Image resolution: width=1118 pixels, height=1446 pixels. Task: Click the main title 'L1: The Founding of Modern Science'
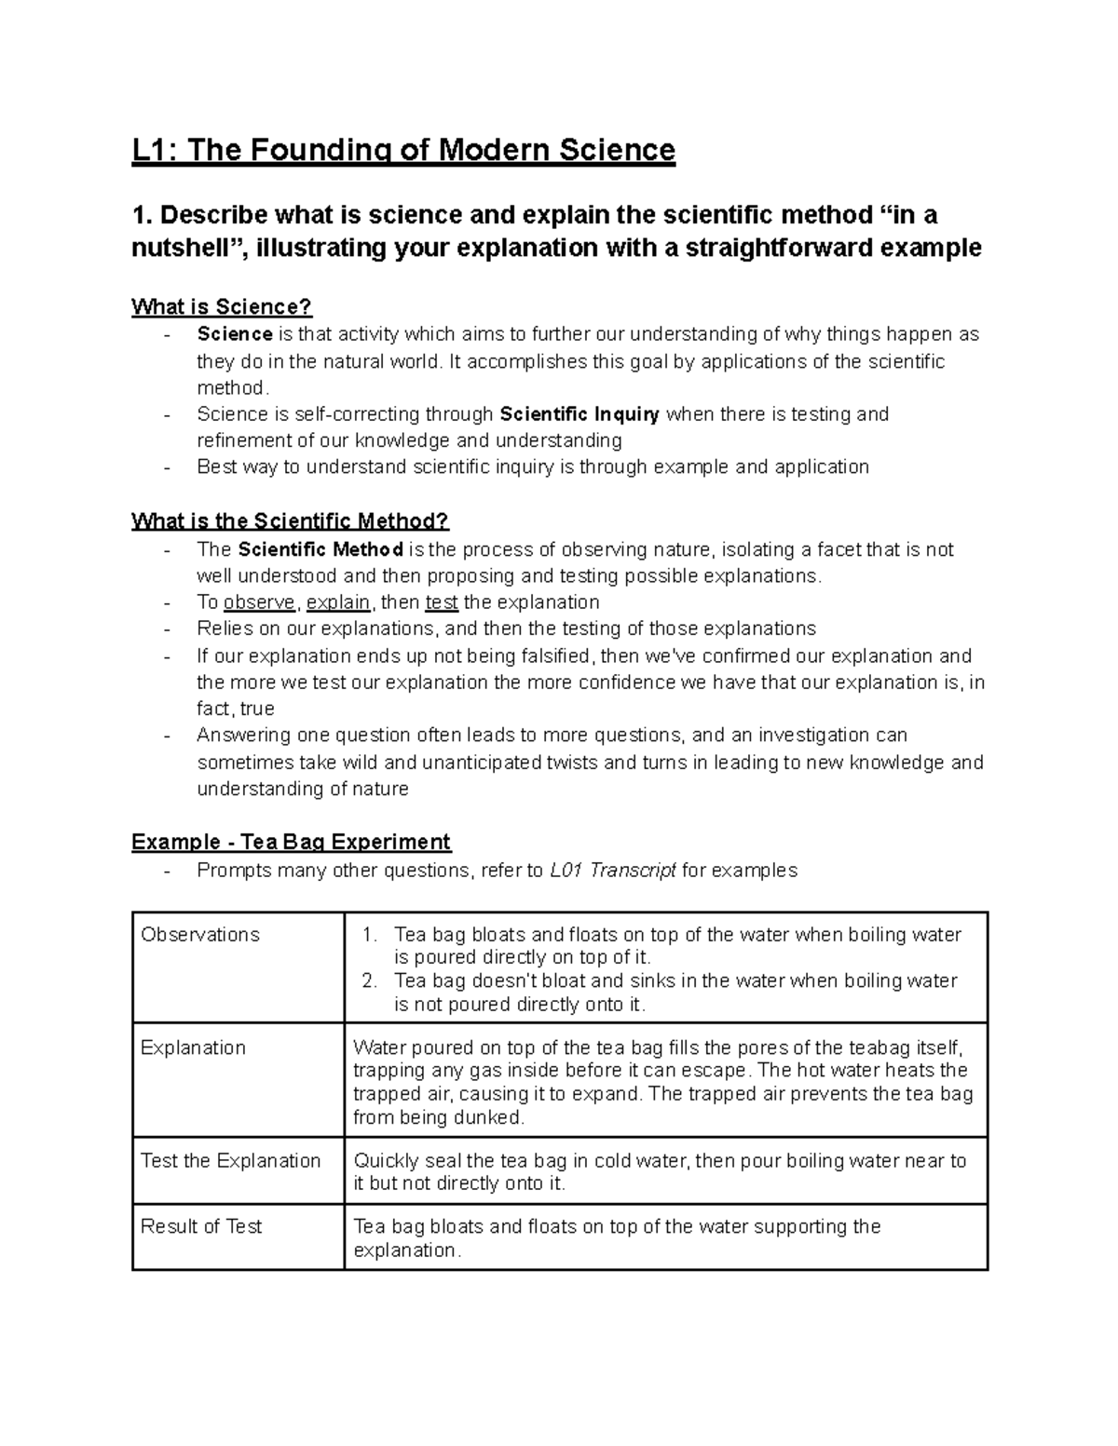(x=402, y=150)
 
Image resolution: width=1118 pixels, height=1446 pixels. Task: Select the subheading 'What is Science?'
(x=222, y=306)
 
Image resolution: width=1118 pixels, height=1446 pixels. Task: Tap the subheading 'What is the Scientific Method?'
(x=291, y=520)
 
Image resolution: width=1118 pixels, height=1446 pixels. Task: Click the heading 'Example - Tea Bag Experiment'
(x=291, y=842)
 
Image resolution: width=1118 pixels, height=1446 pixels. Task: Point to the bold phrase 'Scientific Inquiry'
(x=579, y=414)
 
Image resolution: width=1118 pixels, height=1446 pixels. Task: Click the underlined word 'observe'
(x=260, y=602)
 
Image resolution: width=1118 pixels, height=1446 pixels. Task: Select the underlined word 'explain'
(x=338, y=602)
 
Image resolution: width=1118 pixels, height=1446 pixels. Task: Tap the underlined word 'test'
(x=442, y=602)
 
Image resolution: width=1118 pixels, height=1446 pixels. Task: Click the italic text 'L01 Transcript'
(x=613, y=871)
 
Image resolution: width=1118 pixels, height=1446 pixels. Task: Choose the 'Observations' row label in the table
(x=200, y=935)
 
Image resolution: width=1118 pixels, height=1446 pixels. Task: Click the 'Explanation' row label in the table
(x=193, y=1047)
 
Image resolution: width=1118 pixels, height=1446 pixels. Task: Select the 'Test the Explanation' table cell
(x=230, y=1160)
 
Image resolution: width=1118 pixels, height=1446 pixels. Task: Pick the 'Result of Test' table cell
(x=201, y=1226)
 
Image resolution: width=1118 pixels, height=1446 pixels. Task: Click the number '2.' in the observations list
(x=371, y=980)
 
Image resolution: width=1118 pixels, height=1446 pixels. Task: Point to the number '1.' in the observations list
(x=371, y=935)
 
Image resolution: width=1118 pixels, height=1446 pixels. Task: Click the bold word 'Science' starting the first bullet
(x=235, y=334)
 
